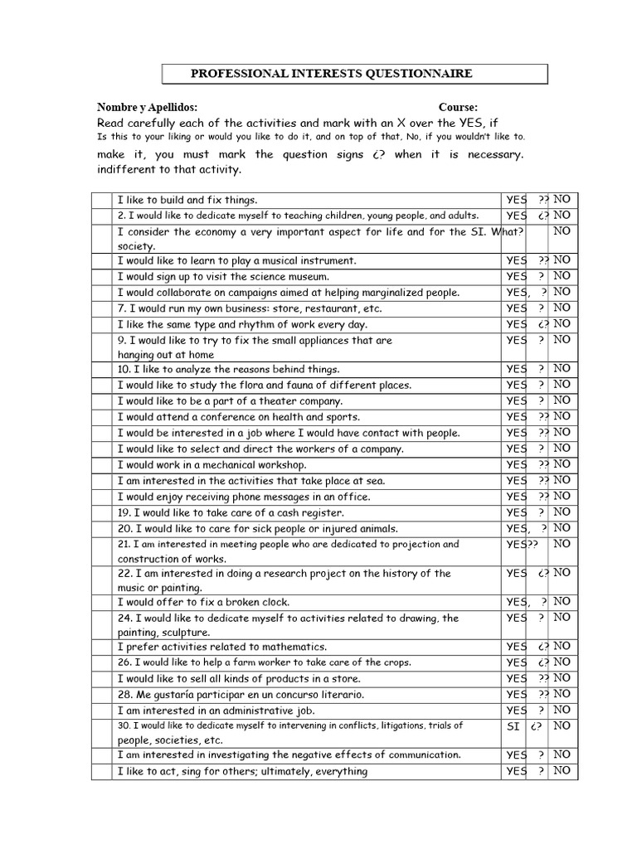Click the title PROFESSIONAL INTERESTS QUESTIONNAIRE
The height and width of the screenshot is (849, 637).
pyautogui.click(x=332, y=74)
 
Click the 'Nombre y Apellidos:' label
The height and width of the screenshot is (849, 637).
pyautogui.click(x=147, y=108)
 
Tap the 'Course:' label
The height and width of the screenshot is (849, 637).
pyautogui.click(x=458, y=108)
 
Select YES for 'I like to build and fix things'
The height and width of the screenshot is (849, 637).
pyautogui.click(x=516, y=200)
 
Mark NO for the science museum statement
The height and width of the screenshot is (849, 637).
pyautogui.click(x=562, y=275)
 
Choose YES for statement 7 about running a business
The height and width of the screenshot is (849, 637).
pyautogui.click(x=516, y=308)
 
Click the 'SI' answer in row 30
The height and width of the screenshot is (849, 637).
pyautogui.click(x=513, y=726)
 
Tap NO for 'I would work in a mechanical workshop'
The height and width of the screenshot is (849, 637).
pyautogui.click(x=562, y=464)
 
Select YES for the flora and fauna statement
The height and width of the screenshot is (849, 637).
pyautogui.click(x=516, y=385)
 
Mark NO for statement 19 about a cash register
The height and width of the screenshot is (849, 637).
pyautogui.click(x=562, y=512)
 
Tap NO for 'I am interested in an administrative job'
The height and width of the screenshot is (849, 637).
pyautogui.click(x=562, y=710)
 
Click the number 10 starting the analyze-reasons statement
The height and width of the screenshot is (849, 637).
pyautogui.click(x=124, y=369)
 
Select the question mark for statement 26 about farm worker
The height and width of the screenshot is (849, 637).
pyautogui.click(x=542, y=662)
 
